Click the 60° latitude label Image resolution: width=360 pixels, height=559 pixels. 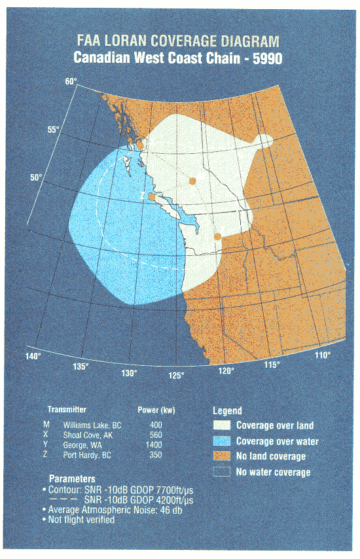pyautogui.click(x=71, y=82)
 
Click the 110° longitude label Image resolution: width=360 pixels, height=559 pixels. pyautogui.click(x=321, y=355)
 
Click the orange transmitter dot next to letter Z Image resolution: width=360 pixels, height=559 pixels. pyautogui.click(x=152, y=196)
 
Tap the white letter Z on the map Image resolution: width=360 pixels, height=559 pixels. pyautogui.click(x=143, y=196)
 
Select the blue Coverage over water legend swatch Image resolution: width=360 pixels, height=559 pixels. pyautogui.click(x=222, y=441)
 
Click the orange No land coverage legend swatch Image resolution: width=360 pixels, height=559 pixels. pyautogui.click(x=222, y=456)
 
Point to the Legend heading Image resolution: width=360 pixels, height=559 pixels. pyautogui.click(x=228, y=411)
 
